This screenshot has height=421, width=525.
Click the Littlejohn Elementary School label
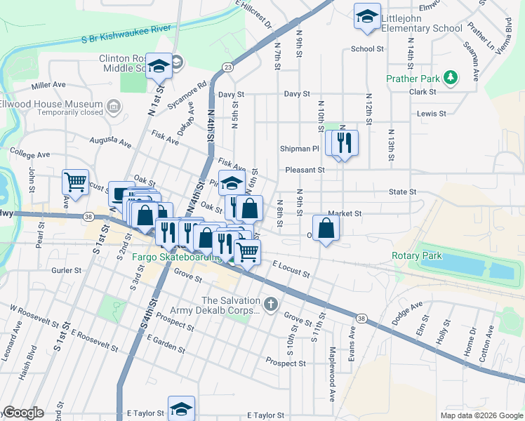click(x=423, y=22)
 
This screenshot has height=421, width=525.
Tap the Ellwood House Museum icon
click(x=114, y=107)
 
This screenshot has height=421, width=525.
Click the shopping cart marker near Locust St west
click(x=75, y=183)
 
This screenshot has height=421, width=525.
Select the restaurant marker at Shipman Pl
click(x=344, y=143)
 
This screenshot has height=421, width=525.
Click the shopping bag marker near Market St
click(x=326, y=228)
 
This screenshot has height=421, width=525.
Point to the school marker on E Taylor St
click(x=181, y=409)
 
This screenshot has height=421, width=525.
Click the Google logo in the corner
click(x=23, y=413)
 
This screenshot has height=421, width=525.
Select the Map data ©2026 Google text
click(x=481, y=415)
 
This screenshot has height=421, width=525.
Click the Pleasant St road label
click(x=305, y=170)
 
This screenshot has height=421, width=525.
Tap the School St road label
click(x=367, y=49)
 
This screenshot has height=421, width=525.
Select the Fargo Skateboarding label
click(x=177, y=258)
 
